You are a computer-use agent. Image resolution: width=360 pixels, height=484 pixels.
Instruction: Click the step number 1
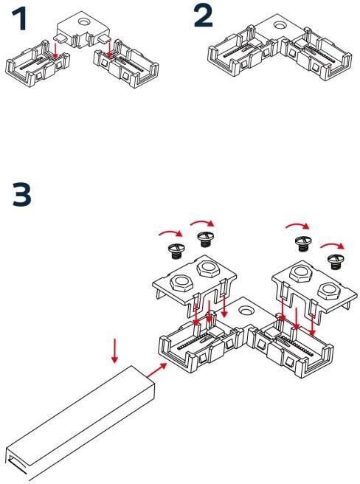[19, 19]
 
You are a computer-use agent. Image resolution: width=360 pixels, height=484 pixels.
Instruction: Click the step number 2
[203, 16]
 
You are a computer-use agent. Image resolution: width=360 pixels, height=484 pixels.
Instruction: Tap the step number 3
[22, 195]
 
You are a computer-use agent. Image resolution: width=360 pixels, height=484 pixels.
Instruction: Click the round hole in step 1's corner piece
[83, 22]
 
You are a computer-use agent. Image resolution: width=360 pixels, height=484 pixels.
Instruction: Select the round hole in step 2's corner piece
[280, 24]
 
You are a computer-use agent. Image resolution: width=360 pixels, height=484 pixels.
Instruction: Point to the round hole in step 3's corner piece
[246, 310]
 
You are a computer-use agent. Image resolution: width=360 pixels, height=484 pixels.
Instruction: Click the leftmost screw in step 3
[176, 251]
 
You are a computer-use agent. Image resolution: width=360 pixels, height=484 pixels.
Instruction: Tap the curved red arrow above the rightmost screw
[332, 245]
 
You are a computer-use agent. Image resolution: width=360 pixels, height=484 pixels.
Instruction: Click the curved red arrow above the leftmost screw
[170, 232]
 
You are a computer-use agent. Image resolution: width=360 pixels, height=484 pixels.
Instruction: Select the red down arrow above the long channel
[114, 350]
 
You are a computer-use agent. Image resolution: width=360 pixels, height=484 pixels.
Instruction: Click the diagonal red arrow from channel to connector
[156, 370]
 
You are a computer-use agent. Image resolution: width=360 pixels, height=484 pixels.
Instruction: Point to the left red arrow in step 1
[55, 50]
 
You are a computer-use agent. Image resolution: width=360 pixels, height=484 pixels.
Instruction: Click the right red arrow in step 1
[109, 49]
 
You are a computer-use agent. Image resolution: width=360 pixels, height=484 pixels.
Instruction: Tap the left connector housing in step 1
[38, 64]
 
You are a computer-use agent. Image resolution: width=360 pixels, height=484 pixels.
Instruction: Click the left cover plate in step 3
[195, 283]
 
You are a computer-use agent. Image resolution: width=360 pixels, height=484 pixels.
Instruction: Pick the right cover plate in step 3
[314, 288]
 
